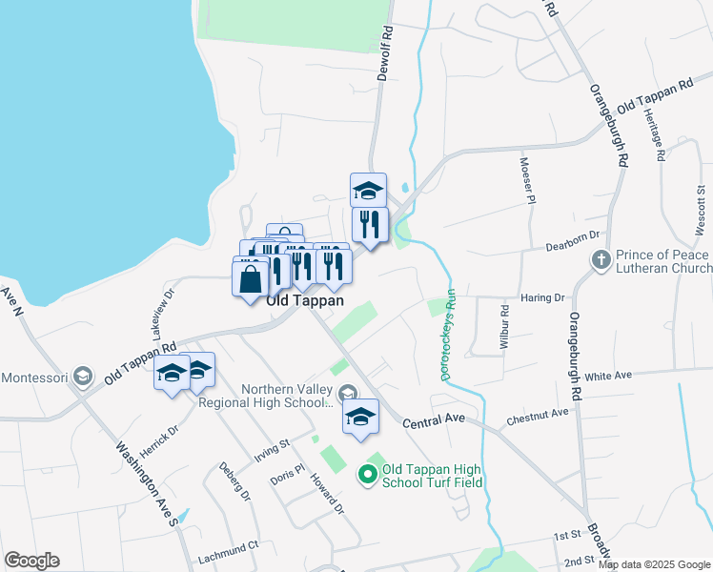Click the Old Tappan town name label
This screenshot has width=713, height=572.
(304, 299)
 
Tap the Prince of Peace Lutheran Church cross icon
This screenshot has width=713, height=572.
(601, 259)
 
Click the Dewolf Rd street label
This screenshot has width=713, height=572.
(386, 53)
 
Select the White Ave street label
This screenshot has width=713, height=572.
(610, 377)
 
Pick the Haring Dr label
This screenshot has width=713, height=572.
(544, 297)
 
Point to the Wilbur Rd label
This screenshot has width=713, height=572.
(504, 328)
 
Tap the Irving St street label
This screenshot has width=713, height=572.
(272, 446)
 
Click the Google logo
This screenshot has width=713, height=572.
(31, 561)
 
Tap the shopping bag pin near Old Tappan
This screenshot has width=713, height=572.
(251, 279)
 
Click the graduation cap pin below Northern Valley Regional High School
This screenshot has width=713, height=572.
(359, 417)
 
